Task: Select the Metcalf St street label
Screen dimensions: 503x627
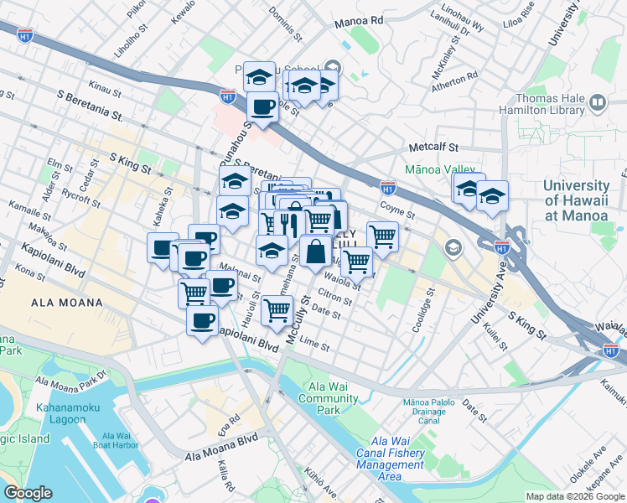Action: point(431,147)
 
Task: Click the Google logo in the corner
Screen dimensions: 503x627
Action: point(28,493)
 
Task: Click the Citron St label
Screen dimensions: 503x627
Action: point(334,298)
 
